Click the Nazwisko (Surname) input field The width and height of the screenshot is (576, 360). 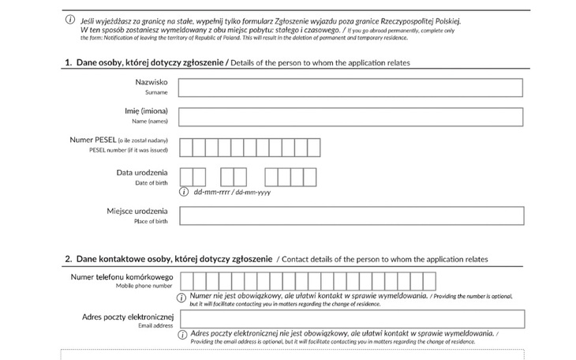pos(351,87)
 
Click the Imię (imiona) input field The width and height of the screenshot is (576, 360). pos(351,117)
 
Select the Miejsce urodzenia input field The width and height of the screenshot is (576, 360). pos(351,216)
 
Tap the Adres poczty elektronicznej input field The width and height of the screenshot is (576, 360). pos(351,318)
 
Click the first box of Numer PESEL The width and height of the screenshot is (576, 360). pos(186,147)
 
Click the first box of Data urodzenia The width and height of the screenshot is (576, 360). pos(186,177)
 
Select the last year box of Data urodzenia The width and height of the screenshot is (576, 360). pos(310,177)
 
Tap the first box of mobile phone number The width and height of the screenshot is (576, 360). pos(187,281)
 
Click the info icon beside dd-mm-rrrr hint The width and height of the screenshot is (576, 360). pos(185,191)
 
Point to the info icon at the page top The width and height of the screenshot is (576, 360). pos(71,19)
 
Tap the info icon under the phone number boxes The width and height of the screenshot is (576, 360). pos(184,296)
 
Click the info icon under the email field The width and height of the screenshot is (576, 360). pos(184,333)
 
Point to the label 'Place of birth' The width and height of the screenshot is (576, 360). pos(151,222)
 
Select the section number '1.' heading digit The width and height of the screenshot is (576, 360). pos(69,63)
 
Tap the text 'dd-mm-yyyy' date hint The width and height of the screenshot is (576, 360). pos(253,192)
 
